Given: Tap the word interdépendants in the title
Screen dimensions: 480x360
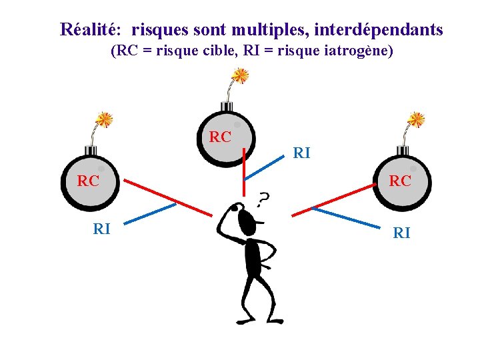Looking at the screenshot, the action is [378, 29].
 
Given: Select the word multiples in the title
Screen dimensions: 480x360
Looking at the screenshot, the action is [269, 29].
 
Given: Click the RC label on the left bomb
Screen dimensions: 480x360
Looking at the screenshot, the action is [88, 181].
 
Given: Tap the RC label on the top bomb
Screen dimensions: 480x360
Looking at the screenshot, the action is [220, 137].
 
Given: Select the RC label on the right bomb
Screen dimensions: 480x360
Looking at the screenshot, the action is [400, 181].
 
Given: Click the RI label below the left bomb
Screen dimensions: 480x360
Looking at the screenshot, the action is [101, 229].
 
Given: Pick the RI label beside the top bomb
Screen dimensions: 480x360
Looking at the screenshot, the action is [301, 153].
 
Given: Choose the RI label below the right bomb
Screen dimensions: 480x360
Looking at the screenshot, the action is [401, 233].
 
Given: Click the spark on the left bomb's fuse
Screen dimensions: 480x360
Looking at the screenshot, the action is [103, 119].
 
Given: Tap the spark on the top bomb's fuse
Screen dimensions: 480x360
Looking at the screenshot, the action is [240, 75].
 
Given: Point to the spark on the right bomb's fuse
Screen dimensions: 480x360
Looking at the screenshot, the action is [416, 120].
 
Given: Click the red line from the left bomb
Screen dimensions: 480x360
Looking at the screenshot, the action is [167, 197].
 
